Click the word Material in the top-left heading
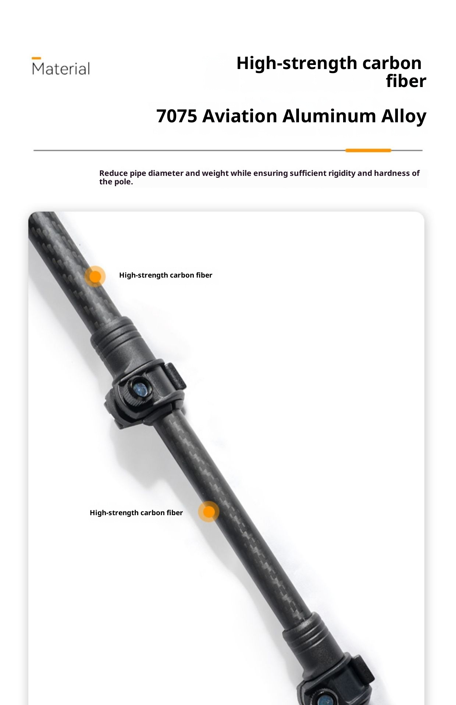coord(61,69)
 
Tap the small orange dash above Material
coord(36,58)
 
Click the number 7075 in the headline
coord(177,116)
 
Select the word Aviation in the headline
coord(239,116)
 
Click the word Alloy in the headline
coord(403,116)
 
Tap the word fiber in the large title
coord(406,81)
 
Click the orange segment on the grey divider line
coord(368,150)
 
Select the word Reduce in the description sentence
coord(113,173)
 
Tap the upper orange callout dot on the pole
coord(95,276)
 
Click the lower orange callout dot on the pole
coord(209,511)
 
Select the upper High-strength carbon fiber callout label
coord(165,275)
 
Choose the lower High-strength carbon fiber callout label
coord(136,513)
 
